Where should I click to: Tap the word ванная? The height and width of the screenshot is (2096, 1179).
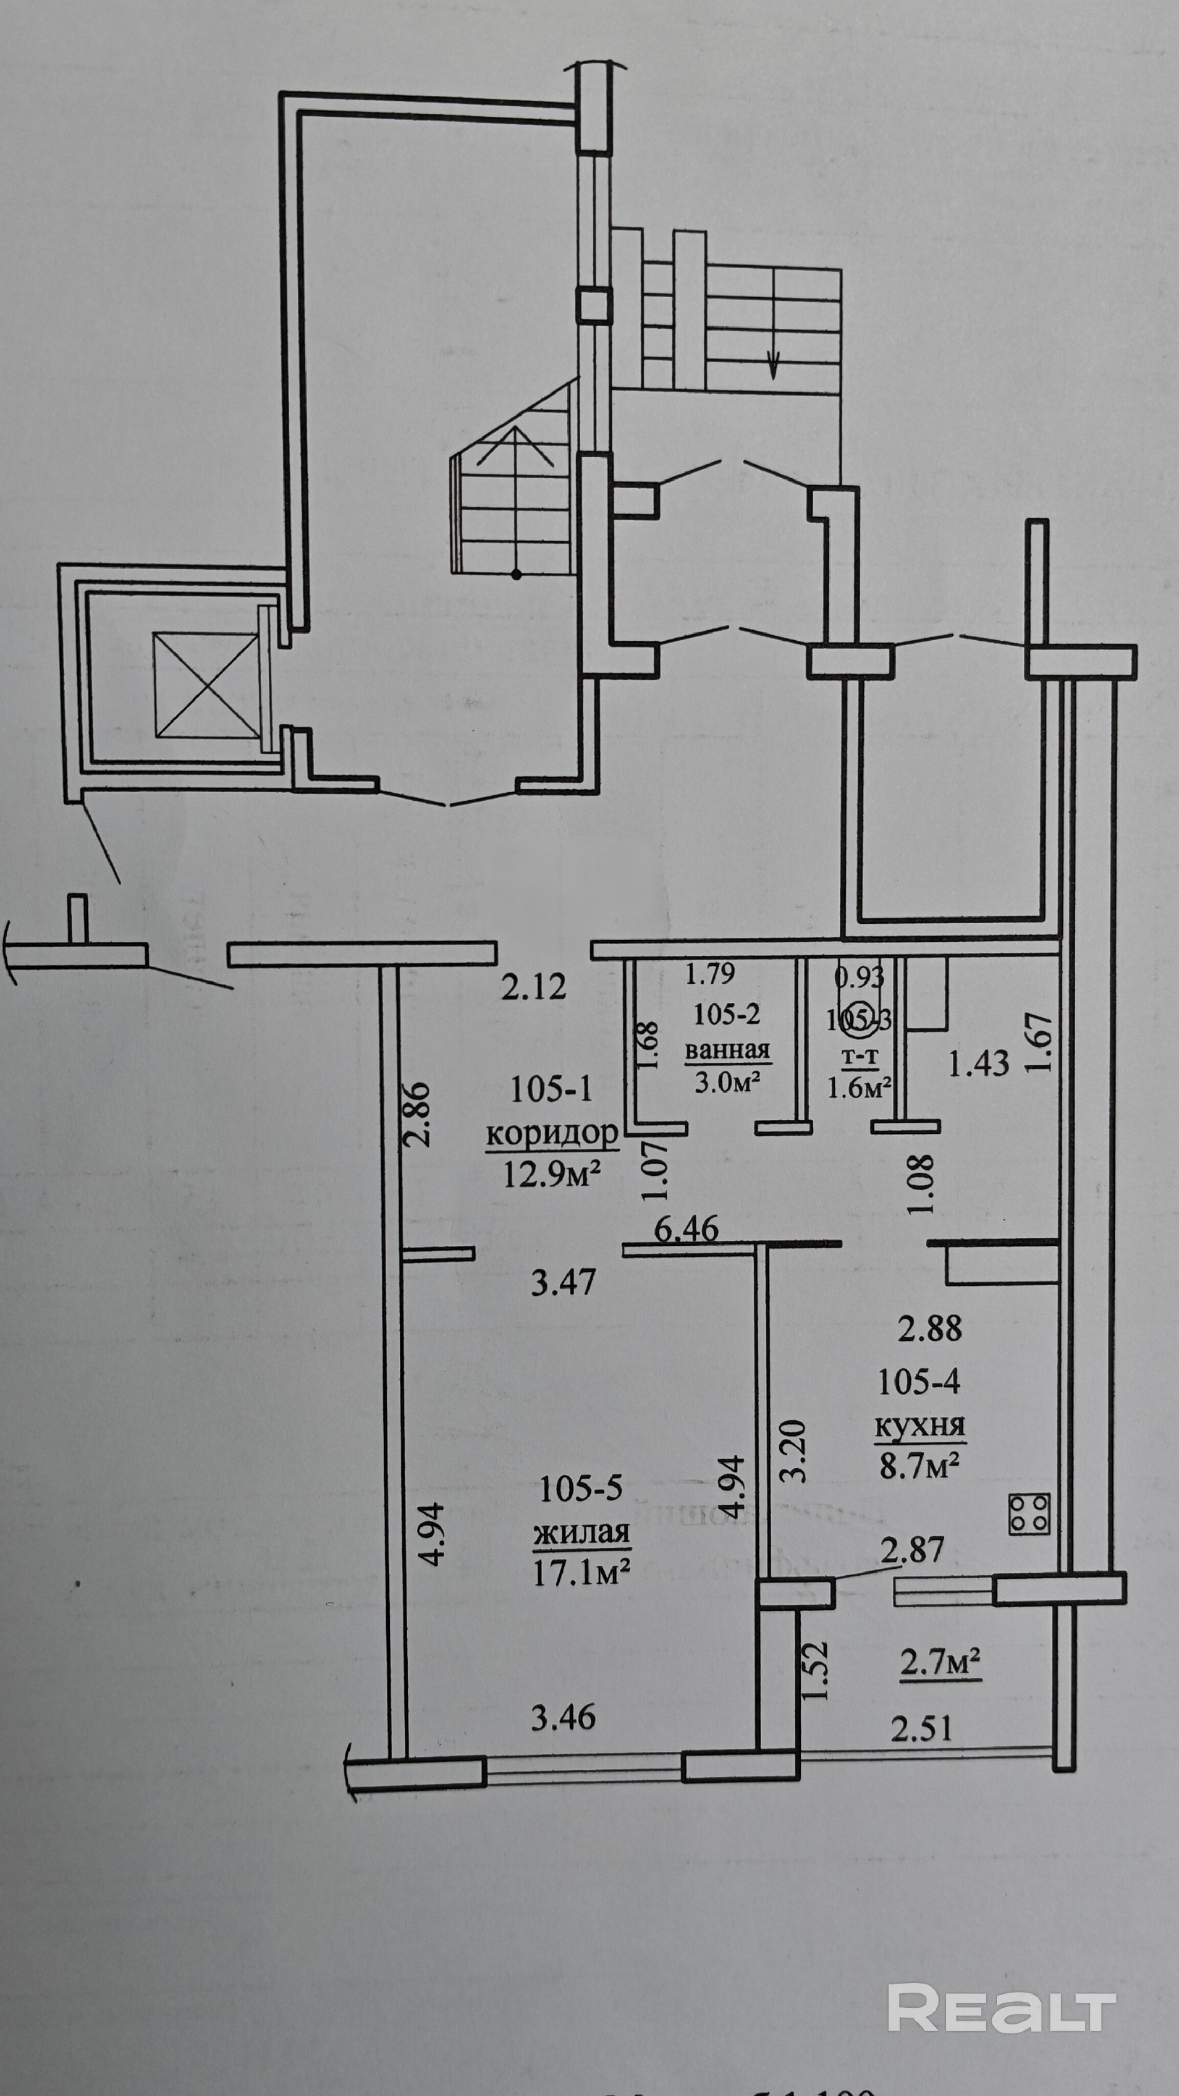[727, 1049]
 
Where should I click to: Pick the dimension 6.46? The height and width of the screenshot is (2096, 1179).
[687, 1229]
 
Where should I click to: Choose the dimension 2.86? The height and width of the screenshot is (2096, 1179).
[417, 1114]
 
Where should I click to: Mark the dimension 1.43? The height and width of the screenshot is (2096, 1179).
[979, 1063]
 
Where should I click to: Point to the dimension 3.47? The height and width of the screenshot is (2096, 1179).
[563, 1283]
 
